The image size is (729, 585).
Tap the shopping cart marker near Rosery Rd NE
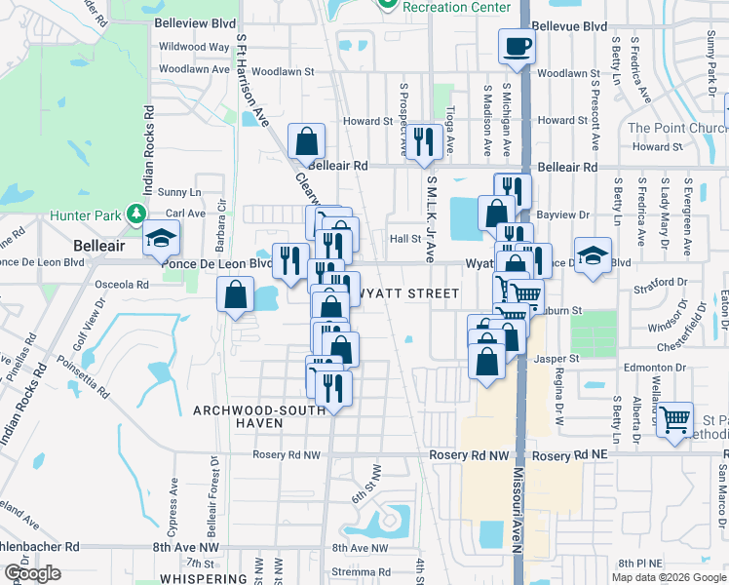pyautogui.click(x=673, y=419)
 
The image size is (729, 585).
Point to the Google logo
pyautogui.click(x=32, y=573)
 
